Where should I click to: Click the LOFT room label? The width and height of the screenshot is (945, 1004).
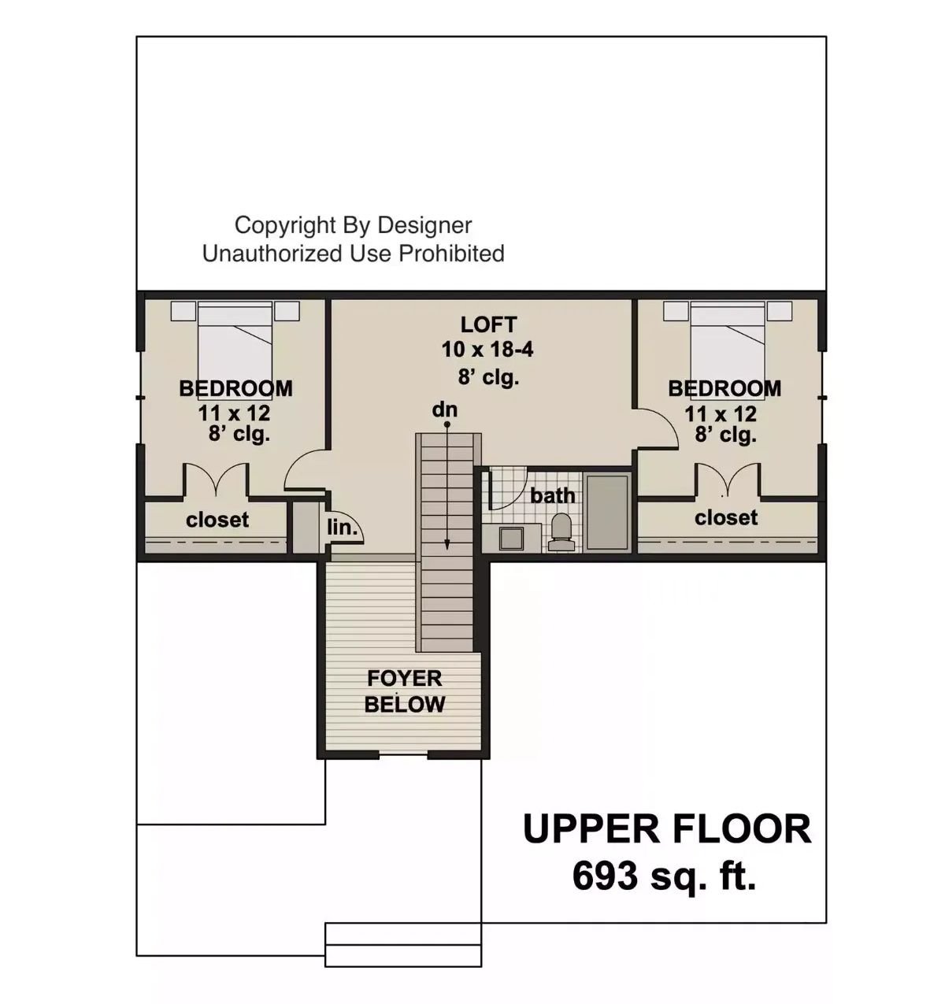click(488, 324)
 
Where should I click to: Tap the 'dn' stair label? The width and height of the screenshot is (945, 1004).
click(444, 409)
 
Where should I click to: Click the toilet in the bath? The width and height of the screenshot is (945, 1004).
click(561, 532)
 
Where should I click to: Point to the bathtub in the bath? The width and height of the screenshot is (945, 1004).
click(607, 512)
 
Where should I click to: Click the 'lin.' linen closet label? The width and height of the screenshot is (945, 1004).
click(342, 528)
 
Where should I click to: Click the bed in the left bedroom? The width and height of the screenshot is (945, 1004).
click(235, 339)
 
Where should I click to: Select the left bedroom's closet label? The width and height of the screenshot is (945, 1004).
click(217, 520)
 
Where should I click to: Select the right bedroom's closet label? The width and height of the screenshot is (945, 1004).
click(726, 517)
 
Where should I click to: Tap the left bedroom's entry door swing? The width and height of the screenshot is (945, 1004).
click(303, 471)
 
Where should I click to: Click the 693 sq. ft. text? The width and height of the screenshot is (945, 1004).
click(664, 876)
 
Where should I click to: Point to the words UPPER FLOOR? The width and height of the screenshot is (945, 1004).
click(666, 829)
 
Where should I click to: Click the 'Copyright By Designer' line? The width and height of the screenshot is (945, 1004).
click(353, 225)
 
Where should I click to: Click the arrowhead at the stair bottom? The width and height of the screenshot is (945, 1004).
click(447, 543)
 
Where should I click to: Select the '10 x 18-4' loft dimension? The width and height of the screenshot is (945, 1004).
click(487, 350)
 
